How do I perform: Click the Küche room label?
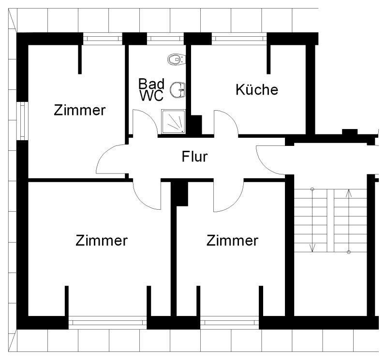point(257,89)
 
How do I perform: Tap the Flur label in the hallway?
point(194,157)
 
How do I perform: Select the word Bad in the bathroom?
point(151,83)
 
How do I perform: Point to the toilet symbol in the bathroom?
point(175,59)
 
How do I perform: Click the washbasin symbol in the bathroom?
point(180,89)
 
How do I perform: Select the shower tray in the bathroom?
point(173,121)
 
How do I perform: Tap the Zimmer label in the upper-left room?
point(79,110)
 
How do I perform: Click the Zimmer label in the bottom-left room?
point(102,240)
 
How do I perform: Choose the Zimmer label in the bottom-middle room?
point(232,240)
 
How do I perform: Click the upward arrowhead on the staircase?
point(349,193)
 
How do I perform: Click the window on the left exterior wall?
point(22,121)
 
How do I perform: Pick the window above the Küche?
point(239,37)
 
